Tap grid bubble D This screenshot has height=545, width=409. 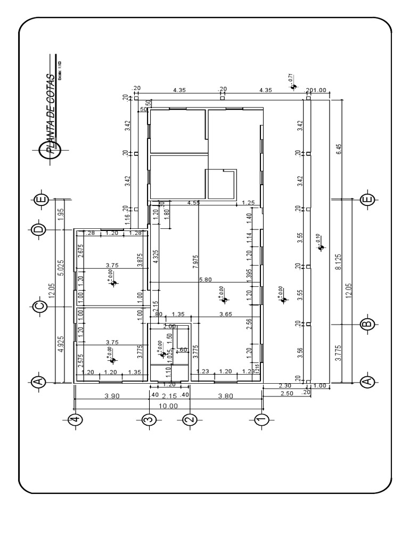pyautogui.click(x=38, y=229)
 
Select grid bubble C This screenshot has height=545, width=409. pyautogui.click(x=38, y=306)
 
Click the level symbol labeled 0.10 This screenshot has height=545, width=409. pyautogui.click(x=320, y=246)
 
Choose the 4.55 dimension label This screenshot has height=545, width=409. pyautogui.click(x=193, y=203)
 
